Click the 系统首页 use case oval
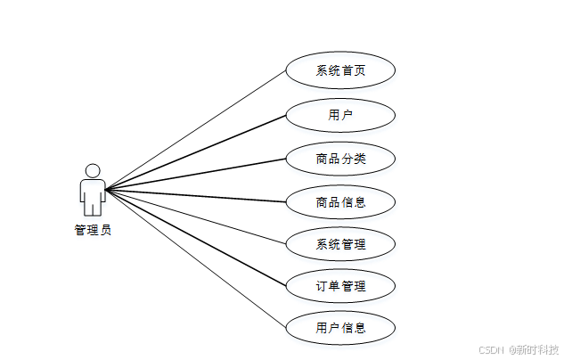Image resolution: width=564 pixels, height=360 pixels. pos(340,71)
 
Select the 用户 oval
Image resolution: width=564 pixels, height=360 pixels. pos(340,115)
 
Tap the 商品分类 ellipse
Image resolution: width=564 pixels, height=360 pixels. pos(340,159)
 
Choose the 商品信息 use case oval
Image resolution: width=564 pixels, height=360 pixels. pos(340,201)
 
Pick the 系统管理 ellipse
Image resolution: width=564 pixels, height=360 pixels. pos(340,243)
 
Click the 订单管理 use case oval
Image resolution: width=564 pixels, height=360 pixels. pos(340,286)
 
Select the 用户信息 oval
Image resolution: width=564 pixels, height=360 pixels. pos(340,328)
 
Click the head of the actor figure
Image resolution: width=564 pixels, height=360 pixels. pos(92,169)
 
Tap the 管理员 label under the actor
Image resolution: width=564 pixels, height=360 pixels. pos(93,230)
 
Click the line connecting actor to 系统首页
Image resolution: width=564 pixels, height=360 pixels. pos(196,130)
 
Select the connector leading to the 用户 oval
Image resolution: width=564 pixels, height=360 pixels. pos(196,152)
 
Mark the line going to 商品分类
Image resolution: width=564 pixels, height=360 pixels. pos(196,175)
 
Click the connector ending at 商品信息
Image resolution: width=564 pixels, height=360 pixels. pos(196,195)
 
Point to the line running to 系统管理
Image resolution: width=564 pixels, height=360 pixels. pos(196,215)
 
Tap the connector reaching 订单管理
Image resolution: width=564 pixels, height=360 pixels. pos(196,236)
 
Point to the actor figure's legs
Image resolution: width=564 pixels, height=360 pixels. pos(92,207)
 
